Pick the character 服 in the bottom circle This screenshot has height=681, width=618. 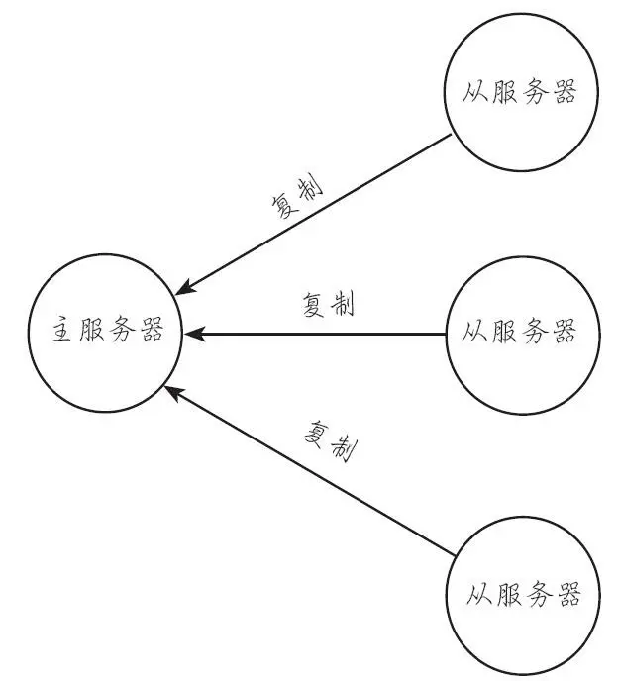point(505,596)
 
